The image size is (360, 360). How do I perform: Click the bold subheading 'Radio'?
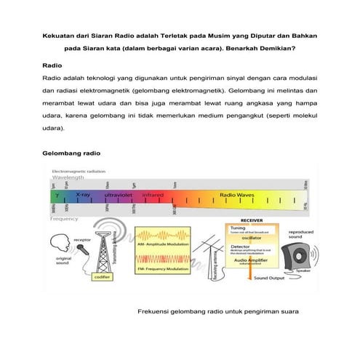point(52,65)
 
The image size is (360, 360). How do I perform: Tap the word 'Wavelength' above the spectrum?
point(68,177)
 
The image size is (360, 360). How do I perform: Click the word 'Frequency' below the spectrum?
point(64,218)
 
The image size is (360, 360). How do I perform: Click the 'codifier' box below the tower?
point(102,277)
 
